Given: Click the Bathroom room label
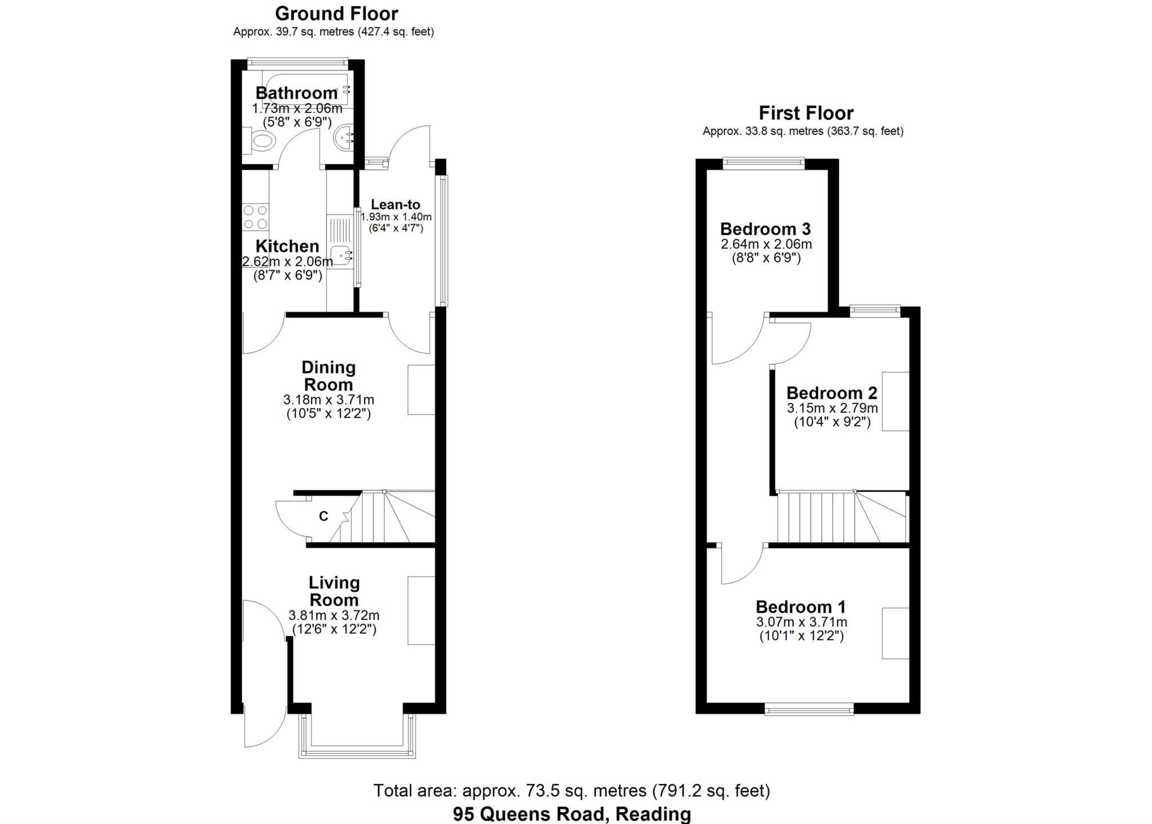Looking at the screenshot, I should click(296, 93).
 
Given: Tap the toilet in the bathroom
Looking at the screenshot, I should click(260, 140).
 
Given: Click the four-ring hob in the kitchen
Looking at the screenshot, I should click(255, 217).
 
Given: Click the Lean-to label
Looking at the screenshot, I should click(395, 205).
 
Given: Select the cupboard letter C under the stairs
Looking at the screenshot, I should click(323, 516).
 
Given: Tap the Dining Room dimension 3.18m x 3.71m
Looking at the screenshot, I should click(328, 400).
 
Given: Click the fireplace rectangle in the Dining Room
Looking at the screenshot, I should click(421, 390).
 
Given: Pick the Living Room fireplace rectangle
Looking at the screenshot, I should click(421, 610).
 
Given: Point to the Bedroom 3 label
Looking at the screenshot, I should click(765, 229).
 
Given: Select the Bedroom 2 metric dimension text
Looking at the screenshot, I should click(832, 408).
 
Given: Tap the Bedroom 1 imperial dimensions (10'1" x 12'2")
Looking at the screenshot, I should click(802, 636).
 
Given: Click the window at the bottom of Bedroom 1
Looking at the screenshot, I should click(809, 709).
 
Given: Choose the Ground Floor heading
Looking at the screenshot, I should click(336, 13).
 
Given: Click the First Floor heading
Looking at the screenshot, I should click(805, 113).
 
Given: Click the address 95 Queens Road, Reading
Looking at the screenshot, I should click(571, 814).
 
